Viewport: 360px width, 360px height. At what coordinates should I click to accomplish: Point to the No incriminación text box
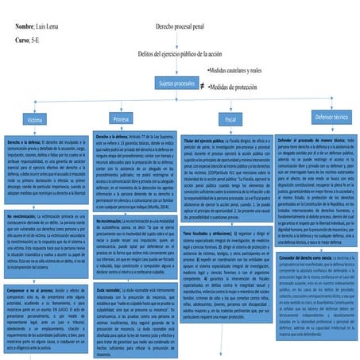pyautogui.click(x=134, y=247)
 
